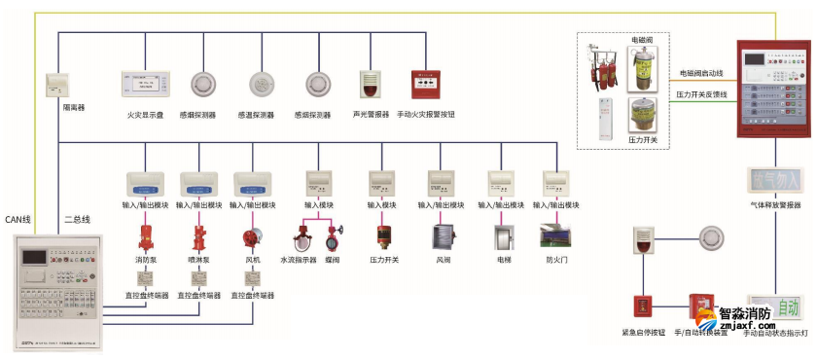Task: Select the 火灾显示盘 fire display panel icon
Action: pyautogui.click(x=145, y=85)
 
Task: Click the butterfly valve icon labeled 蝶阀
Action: pyautogui.click(x=333, y=239)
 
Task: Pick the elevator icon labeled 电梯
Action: pyautogui.click(x=502, y=239)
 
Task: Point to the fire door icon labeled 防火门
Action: pyautogui.click(x=557, y=238)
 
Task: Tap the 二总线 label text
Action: pyautogui.click(x=77, y=220)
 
